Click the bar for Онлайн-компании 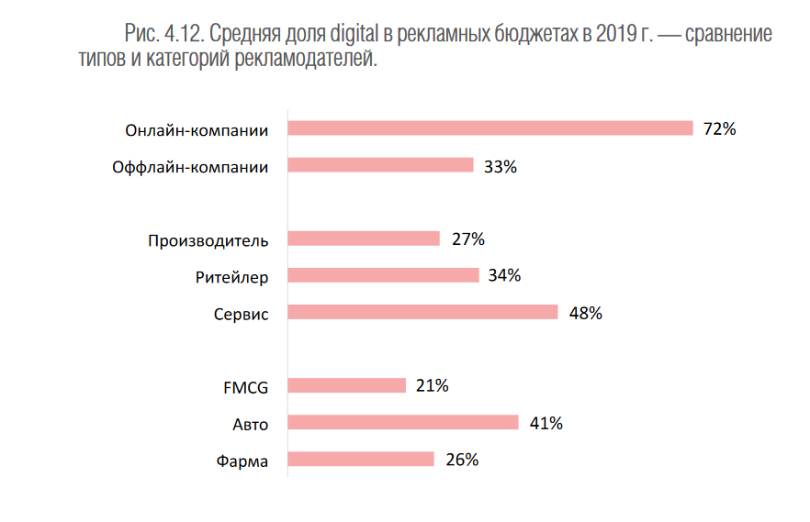pyautogui.click(x=490, y=128)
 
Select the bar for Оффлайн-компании pyautogui.click(x=381, y=165)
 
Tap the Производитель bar pyautogui.click(x=365, y=239)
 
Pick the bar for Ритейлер pyautogui.click(x=384, y=275)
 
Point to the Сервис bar pyautogui.click(x=423, y=312)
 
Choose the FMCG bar pyautogui.click(x=347, y=385)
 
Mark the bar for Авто pyautogui.click(x=403, y=422)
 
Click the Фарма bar pyautogui.click(x=361, y=459)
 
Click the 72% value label pyautogui.click(x=719, y=129)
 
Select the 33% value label pyautogui.click(x=501, y=167)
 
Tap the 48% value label pyautogui.click(x=585, y=313)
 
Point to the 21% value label pyautogui.click(x=432, y=386)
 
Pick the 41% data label pyautogui.click(x=546, y=423)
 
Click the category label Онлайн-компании pyautogui.click(x=197, y=130)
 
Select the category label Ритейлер pyautogui.click(x=232, y=277)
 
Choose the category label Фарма pyautogui.click(x=242, y=461)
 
